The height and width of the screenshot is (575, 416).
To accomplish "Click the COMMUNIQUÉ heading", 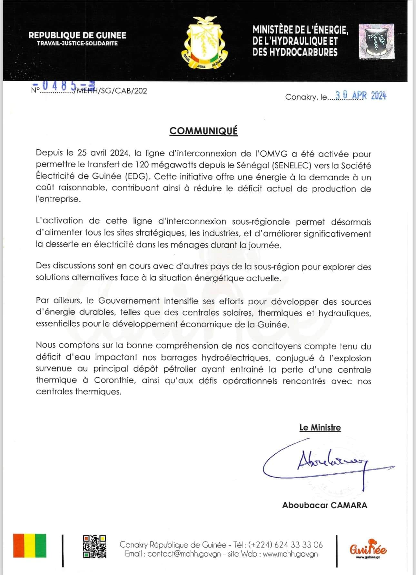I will pos(203,131).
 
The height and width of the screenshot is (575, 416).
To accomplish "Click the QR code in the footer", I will pos(94,546).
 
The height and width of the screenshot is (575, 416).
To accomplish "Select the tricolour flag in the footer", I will pos(30,546).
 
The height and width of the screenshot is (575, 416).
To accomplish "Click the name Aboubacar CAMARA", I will pos(324,505).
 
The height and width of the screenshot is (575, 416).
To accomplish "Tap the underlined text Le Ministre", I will pos(320,428).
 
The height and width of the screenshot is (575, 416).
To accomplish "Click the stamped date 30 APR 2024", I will pos(361,96).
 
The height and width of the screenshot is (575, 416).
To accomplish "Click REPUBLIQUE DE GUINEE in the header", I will pos(77,35).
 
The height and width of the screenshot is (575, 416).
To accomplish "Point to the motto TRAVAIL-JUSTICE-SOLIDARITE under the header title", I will pos(77,43).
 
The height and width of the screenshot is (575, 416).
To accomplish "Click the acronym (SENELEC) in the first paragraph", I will pos(292,166).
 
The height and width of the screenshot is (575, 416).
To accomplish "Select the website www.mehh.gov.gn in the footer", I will pos(290,554).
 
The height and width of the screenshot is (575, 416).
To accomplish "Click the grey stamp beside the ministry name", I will pos(377,41).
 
